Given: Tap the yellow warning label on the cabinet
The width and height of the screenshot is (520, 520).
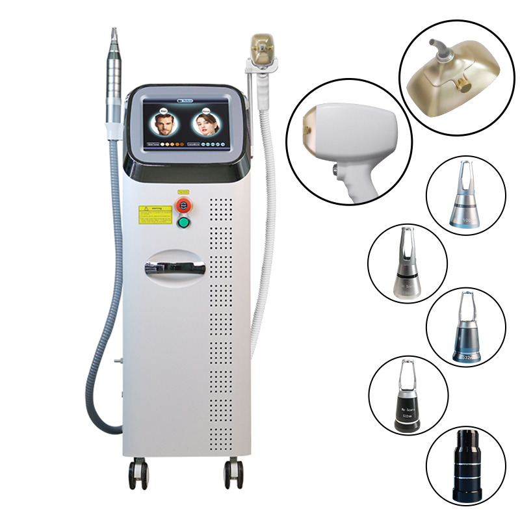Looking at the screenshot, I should [154, 213].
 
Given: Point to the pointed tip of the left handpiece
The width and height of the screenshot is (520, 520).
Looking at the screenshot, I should [115, 32].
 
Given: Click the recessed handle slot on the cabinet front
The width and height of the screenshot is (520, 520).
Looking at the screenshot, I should [175, 267].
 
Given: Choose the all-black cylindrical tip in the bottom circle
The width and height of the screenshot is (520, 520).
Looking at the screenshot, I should [465, 467].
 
